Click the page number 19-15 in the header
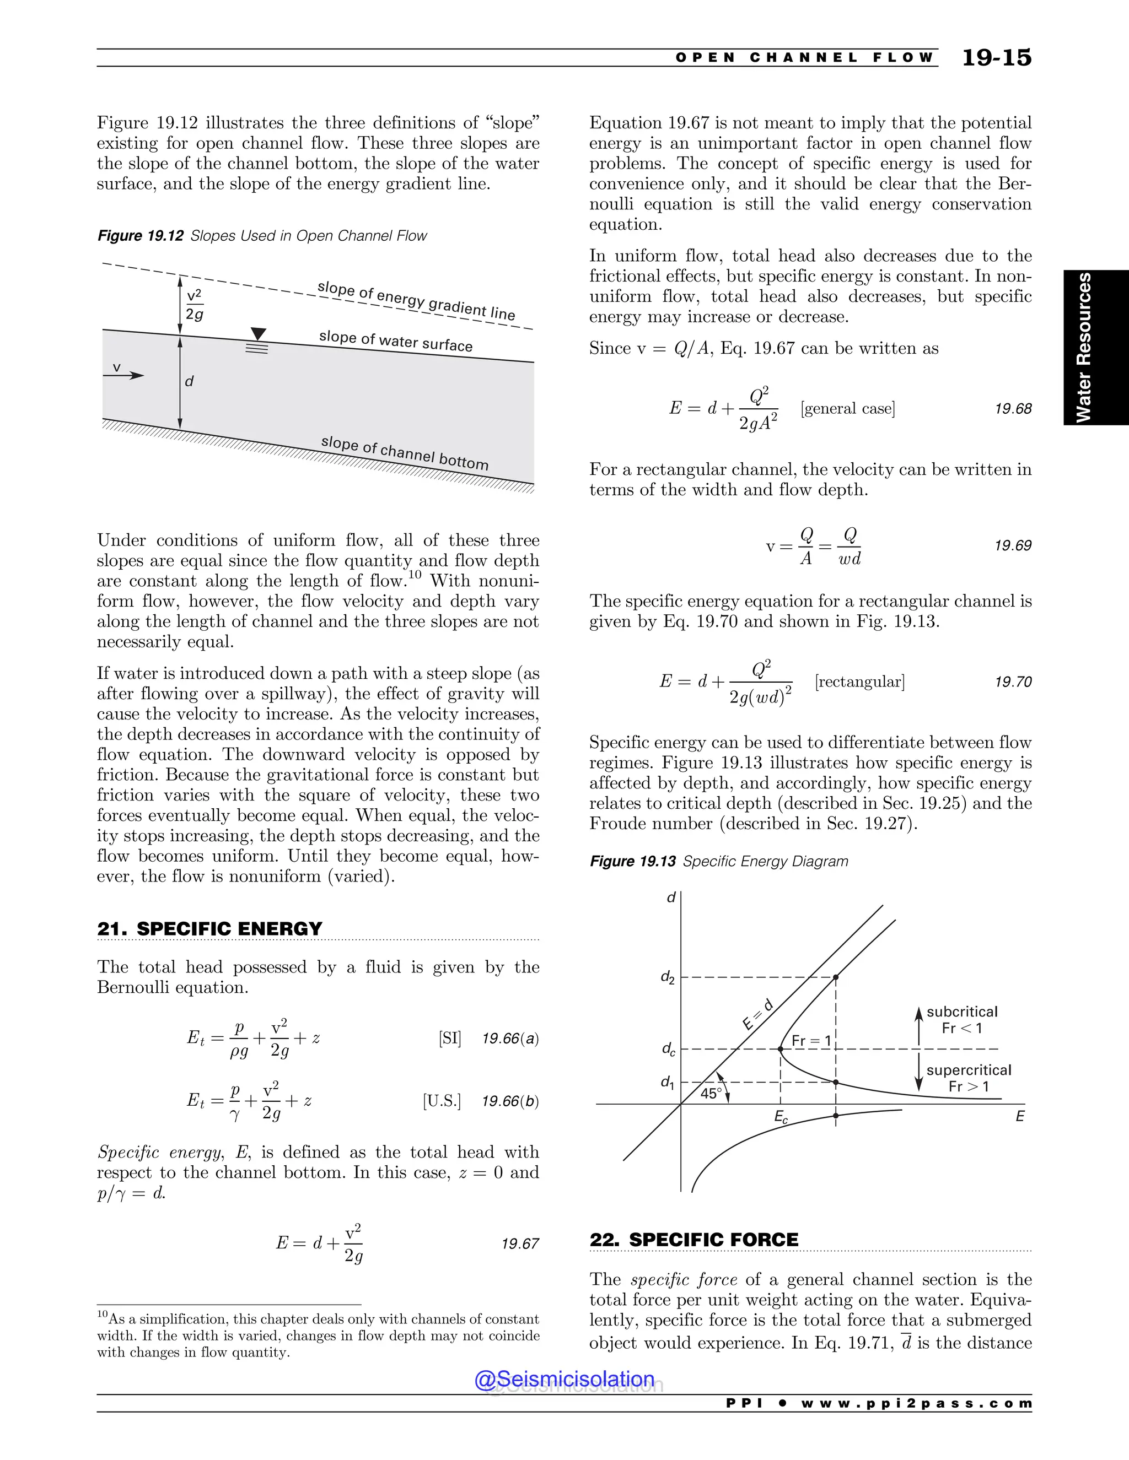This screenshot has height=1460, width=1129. coord(996,58)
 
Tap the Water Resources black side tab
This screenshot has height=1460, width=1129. coord(1095,348)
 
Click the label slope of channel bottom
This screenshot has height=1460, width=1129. coord(405,452)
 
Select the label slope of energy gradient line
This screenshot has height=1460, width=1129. coord(416,300)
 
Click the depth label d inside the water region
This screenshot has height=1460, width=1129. coord(189,381)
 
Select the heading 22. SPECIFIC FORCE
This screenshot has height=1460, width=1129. coord(693,1240)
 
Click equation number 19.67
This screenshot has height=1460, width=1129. coord(520,1243)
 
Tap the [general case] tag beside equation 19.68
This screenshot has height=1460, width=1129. coord(847,408)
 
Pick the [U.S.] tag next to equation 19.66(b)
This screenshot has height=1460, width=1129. coord(442,1101)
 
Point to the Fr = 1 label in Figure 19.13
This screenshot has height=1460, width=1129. coord(810,1040)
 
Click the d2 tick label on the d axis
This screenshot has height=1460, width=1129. coord(668,978)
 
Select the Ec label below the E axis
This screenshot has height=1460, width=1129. coord(781,1117)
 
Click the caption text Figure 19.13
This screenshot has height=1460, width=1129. coord(633,861)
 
